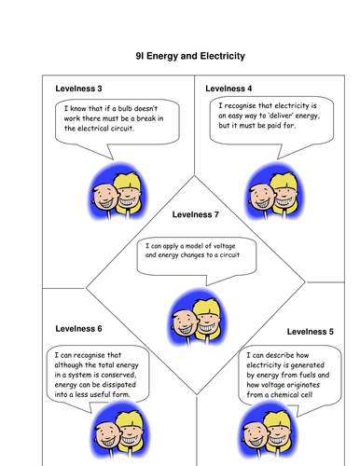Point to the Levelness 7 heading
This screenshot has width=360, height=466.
[x=197, y=214]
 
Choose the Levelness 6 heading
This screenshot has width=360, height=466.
[x=79, y=329]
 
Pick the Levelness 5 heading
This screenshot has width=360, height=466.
[x=311, y=331]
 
